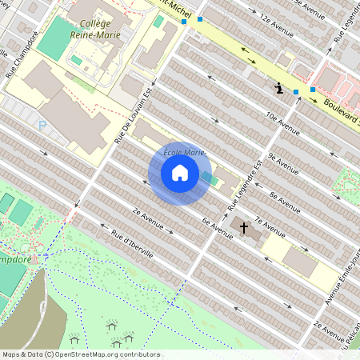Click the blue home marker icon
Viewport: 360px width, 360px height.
click(x=180, y=173)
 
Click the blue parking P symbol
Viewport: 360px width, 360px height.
click(x=42, y=125)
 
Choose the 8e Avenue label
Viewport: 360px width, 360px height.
click(x=285, y=197)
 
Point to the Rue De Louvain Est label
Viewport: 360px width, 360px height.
click(x=133, y=114)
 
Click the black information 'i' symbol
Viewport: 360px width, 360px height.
click(x=278, y=88)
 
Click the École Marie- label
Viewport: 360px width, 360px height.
click(x=185, y=152)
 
